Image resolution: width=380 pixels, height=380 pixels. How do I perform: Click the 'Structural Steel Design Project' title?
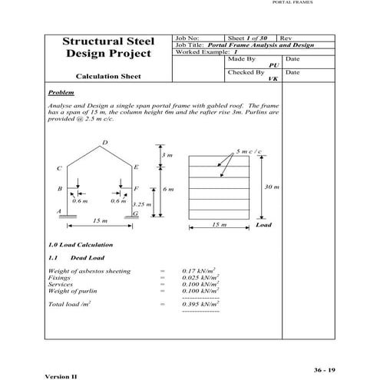coord(108,48)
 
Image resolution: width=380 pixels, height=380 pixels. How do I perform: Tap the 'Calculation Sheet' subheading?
coord(108,77)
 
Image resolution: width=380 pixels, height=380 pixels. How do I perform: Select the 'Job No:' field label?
coord(188,38)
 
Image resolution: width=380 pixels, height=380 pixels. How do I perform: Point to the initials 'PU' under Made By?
coord(273,65)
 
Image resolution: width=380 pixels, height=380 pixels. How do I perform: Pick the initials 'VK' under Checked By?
coord(273,79)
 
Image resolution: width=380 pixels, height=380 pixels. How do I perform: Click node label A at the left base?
coord(59,210)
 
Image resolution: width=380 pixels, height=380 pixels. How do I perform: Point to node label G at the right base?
coord(135,213)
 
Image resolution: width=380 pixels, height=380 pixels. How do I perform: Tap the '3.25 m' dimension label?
coord(141,204)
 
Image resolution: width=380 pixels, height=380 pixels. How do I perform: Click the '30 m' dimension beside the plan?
coord(272,187)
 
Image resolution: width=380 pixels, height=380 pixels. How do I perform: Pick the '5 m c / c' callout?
coord(249,151)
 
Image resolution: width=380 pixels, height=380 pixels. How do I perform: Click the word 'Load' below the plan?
coord(264,225)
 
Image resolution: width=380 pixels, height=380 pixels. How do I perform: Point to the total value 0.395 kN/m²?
coord(199,305)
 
